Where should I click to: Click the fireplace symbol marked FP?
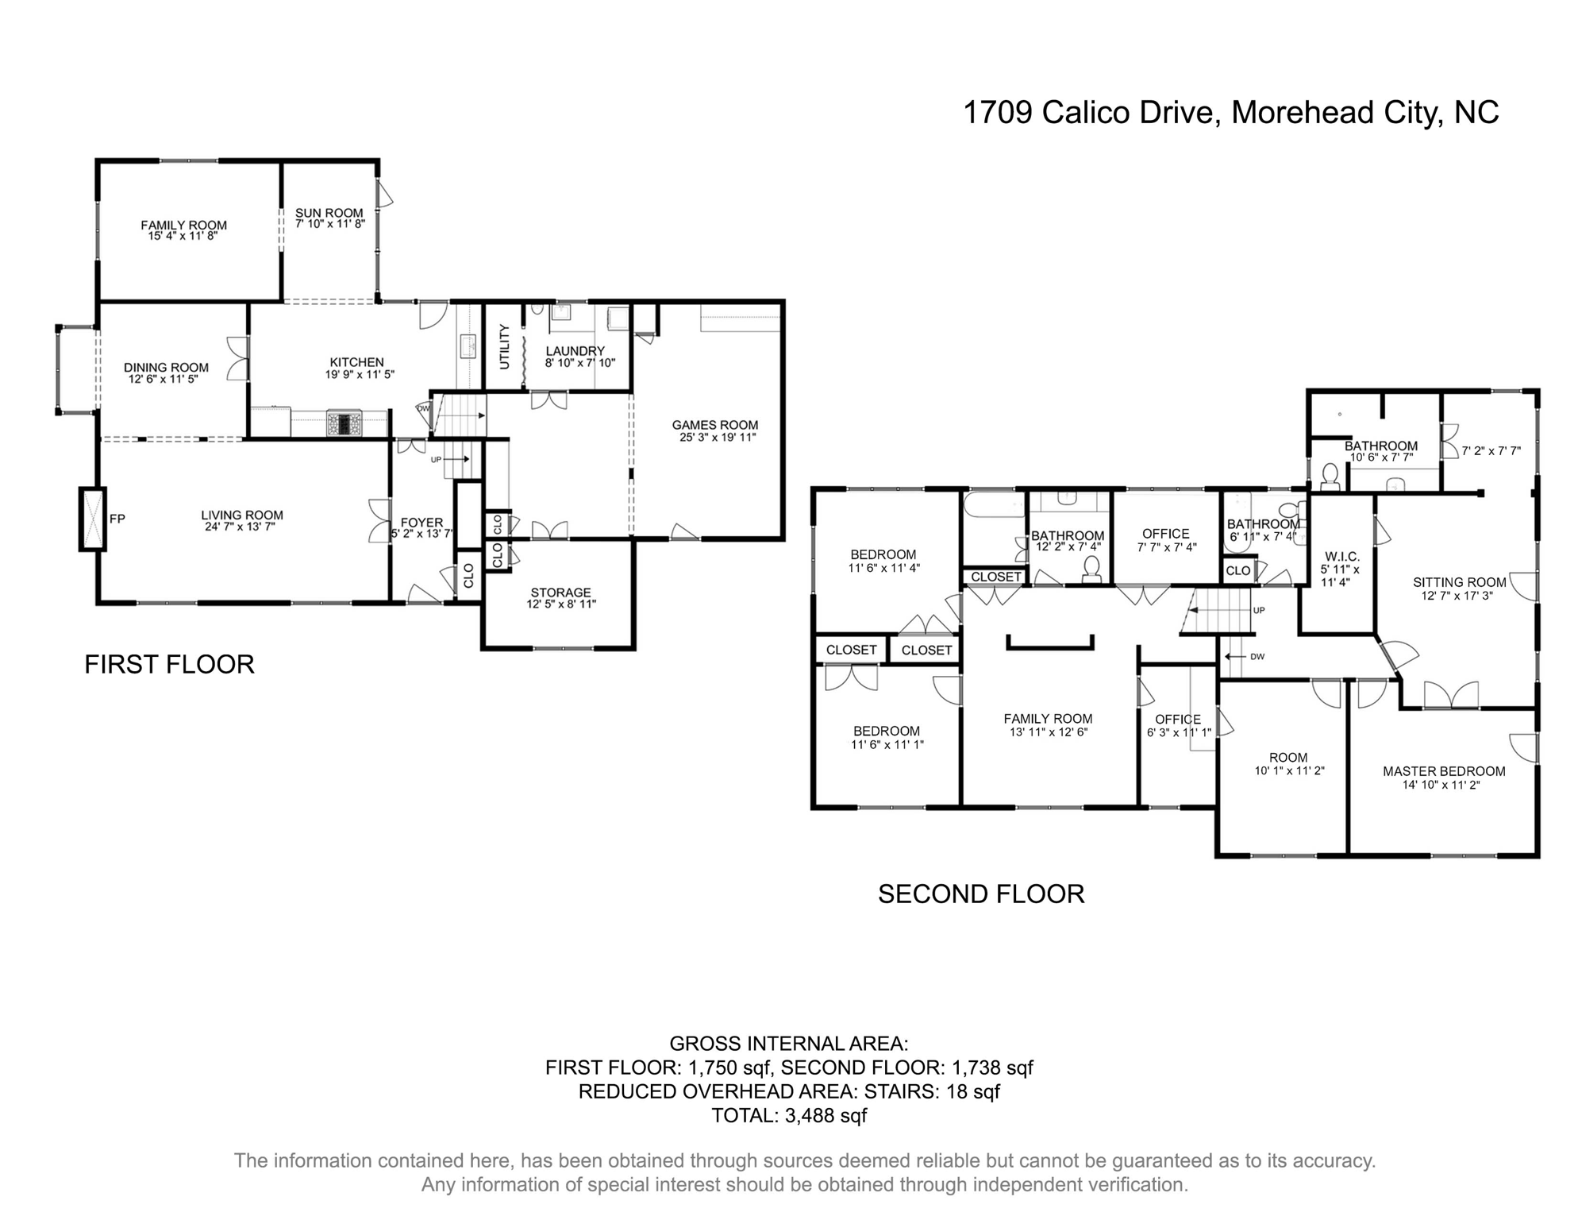pyautogui.click(x=93, y=519)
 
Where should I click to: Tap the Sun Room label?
pyautogui.click(x=329, y=213)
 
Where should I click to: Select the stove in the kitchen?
pyautogui.click(x=344, y=423)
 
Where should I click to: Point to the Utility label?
pyautogui.click(x=504, y=346)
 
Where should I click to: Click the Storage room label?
pyautogui.click(x=560, y=593)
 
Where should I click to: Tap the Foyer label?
pyautogui.click(x=421, y=523)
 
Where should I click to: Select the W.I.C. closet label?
pyautogui.click(x=1342, y=556)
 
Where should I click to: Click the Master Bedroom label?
pyautogui.click(x=1443, y=771)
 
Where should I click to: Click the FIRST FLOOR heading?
pyautogui.click(x=169, y=664)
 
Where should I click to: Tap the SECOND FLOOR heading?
pyautogui.click(x=980, y=894)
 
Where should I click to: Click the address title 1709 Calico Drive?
pyautogui.click(x=1230, y=112)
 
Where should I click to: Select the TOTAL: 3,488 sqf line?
pyautogui.click(x=788, y=1115)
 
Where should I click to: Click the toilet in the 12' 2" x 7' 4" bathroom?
pyautogui.click(x=1092, y=567)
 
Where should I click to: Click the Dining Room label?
pyautogui.click(x=166, y=368)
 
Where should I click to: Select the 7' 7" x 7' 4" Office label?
pyautogui.click(x=1165, y=534)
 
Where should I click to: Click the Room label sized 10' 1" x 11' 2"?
pyautogui.click(x=1287, y=758)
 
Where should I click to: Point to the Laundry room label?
pyautogui.click(x=575, y=351)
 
